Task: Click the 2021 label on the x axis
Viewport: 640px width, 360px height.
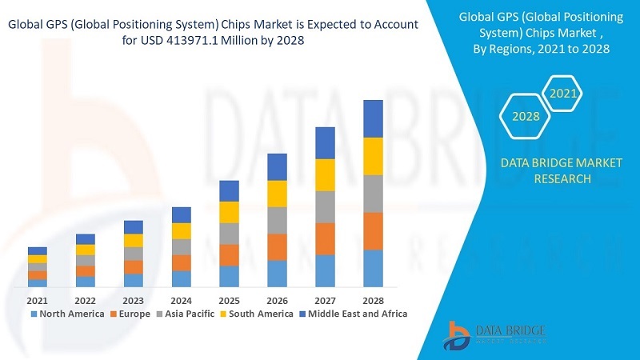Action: pos(37,300)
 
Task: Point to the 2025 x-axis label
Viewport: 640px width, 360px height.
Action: pos(229,300)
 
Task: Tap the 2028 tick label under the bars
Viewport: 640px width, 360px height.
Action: pos(373,300)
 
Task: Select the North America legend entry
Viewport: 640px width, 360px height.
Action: pos(67,314)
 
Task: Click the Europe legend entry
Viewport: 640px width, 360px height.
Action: pos(133,314)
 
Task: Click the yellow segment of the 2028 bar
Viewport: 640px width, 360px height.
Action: pos(373,156)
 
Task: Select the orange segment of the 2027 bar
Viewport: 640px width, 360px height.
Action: pos(325,238)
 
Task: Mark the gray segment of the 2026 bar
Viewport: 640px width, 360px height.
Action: pos(277,220)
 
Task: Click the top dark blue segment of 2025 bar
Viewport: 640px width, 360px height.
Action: pos(229,190)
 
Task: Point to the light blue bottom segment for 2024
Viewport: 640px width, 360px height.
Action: pos(181,278)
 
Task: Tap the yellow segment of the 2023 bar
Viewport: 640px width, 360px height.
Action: pos(133,240)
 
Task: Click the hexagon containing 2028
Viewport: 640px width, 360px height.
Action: pos(526,117)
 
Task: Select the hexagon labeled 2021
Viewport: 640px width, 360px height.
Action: pos(563,94)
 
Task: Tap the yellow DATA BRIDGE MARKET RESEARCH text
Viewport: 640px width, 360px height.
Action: pos(561,170)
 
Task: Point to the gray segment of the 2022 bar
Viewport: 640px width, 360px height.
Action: pos(85,260)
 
